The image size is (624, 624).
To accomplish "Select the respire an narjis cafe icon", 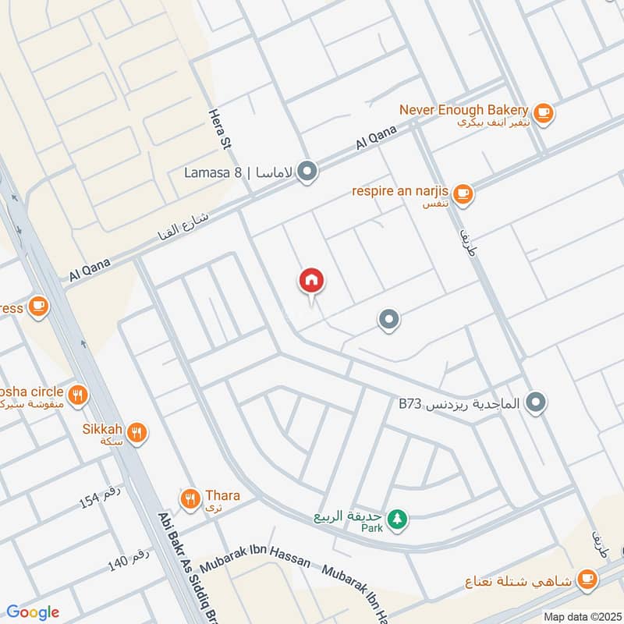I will click(463, 192).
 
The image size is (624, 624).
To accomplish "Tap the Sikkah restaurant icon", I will click(137, 432).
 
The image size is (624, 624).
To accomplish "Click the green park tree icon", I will click(398, 519).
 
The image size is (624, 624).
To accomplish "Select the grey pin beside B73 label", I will click(535, 403).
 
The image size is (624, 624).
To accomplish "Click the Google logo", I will click(32, 612).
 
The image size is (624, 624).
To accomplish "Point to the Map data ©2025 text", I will click(582, 616).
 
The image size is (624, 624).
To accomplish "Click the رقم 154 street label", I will click(99, 496).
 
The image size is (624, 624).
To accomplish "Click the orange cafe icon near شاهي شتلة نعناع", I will click(588, 580).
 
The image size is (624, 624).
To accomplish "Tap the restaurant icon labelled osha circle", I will click(76, 395).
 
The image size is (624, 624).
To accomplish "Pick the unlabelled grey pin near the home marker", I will click(388, 319).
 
